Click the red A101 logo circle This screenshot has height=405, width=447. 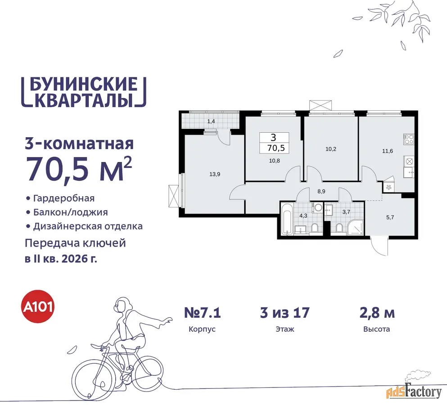(x=38, y=306)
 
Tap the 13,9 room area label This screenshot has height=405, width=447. (x=215, y=174)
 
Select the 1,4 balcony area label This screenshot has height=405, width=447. (x=211, y=121)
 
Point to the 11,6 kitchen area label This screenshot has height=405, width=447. (x=388, y=151)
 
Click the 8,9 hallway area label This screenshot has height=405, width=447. (x=321, y=192)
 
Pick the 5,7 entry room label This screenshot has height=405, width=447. (x=390, y=217)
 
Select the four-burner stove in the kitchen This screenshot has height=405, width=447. (x=409, y=139)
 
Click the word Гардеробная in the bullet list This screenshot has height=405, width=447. (x=64, y=198)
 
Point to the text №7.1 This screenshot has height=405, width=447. (x=202, y=313)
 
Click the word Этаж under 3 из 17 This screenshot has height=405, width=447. (x=285, y=329)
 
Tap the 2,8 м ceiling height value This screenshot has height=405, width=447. (x=377, y=313)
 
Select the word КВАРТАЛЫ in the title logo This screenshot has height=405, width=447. (x=84, y=100)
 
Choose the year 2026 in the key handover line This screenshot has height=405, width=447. (x=74, y=259)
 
